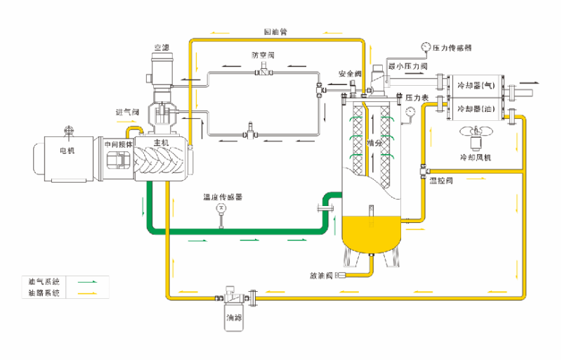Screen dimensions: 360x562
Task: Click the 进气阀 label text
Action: point(127,112)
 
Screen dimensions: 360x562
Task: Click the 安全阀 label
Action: point(349,73)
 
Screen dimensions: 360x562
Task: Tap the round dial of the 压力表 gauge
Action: point(409,110)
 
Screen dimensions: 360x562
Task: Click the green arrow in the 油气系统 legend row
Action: point(87,281)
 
